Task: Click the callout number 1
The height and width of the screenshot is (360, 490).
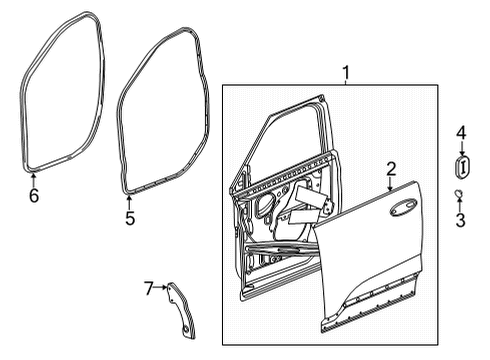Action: coord(346,72)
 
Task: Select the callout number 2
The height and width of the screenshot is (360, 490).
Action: coord(392,169)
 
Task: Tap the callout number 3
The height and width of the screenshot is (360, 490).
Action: coord(461,219)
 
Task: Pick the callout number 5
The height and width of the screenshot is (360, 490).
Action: coord(129,217)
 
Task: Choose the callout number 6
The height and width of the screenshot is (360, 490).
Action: coord(33,197)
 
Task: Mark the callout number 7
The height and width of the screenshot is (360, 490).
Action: coord(149,289)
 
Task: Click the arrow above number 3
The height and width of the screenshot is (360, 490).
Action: coord(459,204)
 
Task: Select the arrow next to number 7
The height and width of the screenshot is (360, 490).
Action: coord(162,289)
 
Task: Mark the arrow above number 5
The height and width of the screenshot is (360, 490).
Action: coord(129,199)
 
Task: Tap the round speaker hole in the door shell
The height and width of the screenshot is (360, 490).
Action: coord(267,207)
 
